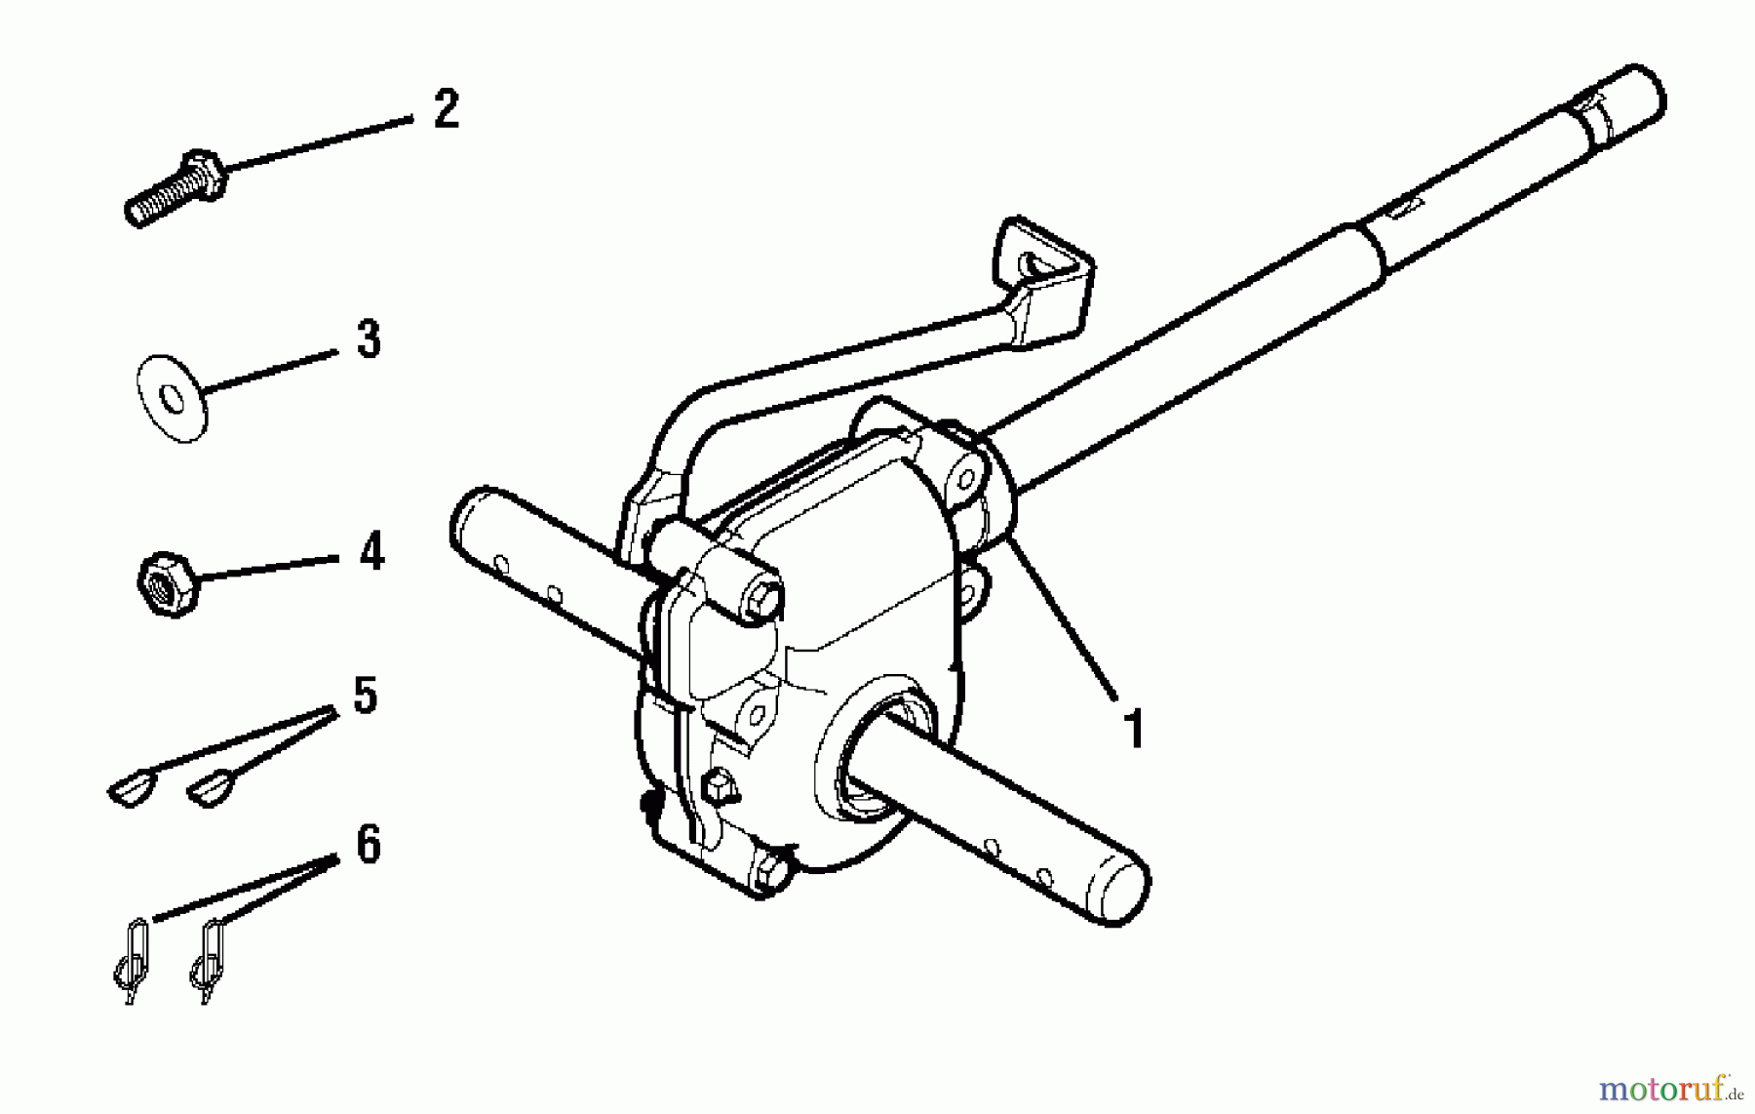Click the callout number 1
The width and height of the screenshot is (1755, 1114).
(x=1133, y=728)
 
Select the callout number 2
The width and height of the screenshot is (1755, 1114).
(x=446, y=109)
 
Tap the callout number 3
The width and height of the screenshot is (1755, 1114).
(x=369, y=340)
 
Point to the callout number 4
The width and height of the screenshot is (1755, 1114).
(x=371, y=552)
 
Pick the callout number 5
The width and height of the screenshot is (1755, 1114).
(x=365, y=696)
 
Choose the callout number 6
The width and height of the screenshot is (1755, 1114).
(x=368, y=844)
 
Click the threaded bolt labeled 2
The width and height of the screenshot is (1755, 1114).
(x=175, y=187)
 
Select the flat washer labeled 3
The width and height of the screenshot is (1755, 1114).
(x=172, y=398)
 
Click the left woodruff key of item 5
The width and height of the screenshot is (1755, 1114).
(x=132, y=787)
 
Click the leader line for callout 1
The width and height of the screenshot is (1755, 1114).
(x=1063, y=615)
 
